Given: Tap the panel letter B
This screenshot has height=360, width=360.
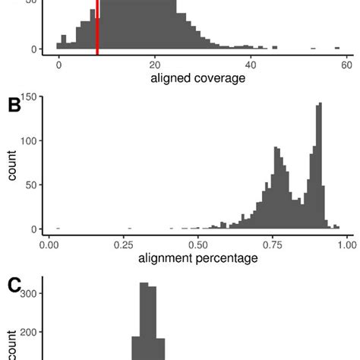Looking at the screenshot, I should click(x=14, y=106).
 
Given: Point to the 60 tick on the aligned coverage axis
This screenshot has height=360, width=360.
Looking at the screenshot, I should click(x=346, y=65).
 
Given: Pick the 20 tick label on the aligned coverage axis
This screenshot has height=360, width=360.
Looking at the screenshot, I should click(x=155, y=65).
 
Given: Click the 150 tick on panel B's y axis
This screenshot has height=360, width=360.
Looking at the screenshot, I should click(x=28, y=96).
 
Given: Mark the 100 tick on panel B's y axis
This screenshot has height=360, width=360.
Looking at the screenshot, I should click(x=28, y=141).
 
